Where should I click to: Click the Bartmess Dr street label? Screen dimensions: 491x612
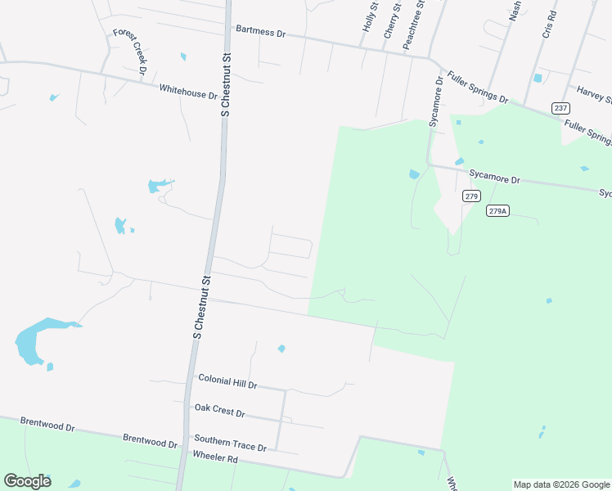tap(260, 32)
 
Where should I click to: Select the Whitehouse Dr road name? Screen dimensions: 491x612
tap(188, 92)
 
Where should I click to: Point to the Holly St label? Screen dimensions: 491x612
tap(370, 17)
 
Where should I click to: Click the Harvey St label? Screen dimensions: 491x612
tap(594, 95)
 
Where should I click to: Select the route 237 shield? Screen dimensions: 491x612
tap(560, 108)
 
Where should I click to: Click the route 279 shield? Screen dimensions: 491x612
tap(470, 196)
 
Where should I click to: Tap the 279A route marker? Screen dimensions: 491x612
tap(497, 210)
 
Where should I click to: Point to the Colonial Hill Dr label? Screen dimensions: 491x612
tap(227, 381)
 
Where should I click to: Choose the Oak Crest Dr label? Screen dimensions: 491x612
tap(219, 411)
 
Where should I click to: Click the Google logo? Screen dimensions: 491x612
tap(27, 480)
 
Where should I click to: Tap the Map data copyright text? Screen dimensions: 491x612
tap(561, 484)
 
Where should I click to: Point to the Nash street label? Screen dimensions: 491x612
tap(515, 9)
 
